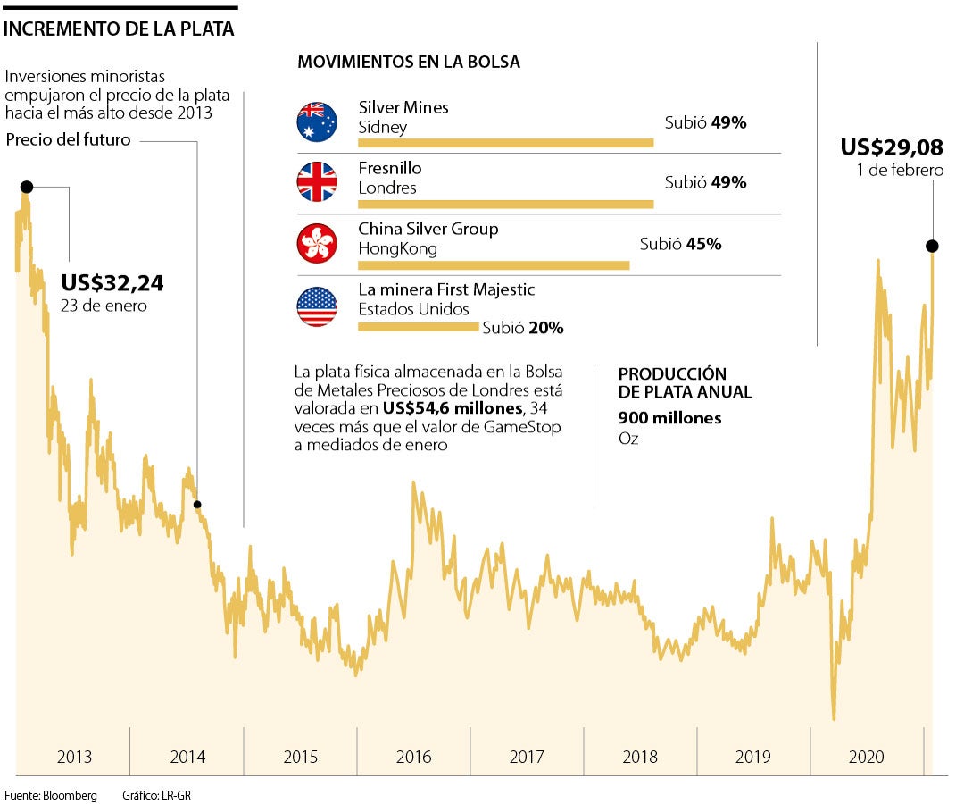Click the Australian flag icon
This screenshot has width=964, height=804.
pos(317,122)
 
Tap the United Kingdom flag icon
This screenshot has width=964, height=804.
pos(317,182)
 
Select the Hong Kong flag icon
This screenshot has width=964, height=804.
pos(317,243)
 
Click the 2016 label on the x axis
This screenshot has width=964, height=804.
pos(414,757)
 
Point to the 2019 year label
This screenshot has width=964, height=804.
pos(753,757)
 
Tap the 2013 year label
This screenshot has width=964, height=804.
pos(74,757)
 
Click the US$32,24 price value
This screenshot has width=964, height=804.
pos(112,283)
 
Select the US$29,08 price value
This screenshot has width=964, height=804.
pos(892,147)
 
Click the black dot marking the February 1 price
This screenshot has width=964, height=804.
pos(932,246)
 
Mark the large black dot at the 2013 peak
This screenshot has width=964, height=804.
pos(26,187)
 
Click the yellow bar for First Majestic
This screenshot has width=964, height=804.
pos(418,327)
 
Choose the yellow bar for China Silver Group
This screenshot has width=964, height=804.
pos(494,265)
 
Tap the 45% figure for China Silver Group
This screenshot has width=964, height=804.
pos(704,243)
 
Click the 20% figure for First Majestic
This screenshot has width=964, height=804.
pos(546,328)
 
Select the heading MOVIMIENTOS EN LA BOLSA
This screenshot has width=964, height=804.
pos(409,62)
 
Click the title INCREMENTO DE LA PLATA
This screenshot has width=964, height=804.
pos(120,29)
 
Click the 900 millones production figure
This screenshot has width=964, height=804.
pos(669,418)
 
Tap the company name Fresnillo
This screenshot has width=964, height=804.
pos(390,168)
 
